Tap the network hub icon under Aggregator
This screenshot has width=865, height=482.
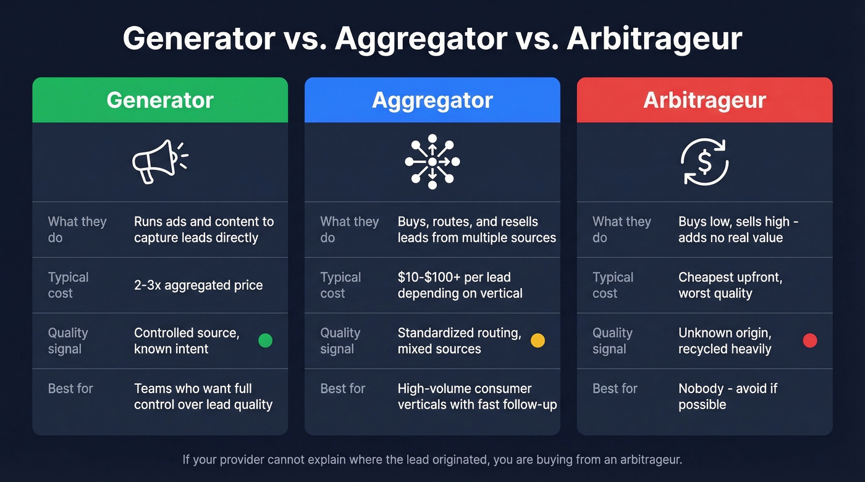432,161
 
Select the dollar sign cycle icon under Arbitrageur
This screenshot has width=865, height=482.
704,161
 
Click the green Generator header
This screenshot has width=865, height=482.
160,100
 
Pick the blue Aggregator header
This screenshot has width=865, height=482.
432,100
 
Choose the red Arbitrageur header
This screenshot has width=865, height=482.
704,100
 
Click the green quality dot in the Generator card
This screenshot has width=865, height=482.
265,341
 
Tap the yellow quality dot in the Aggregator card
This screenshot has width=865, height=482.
538,341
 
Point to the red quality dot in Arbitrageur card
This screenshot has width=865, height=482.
809,341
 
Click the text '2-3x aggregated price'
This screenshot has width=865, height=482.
198,285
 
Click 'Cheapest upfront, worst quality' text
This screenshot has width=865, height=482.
730,285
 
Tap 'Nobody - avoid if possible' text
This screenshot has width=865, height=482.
727,396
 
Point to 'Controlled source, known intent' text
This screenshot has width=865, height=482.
186,341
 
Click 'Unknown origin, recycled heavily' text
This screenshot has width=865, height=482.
725,341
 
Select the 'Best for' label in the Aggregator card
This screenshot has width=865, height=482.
343,389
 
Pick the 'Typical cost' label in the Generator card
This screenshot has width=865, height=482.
69,285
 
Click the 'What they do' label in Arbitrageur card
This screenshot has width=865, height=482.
622,230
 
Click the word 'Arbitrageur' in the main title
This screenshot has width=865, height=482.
654,39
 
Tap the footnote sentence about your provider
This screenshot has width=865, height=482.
432,460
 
